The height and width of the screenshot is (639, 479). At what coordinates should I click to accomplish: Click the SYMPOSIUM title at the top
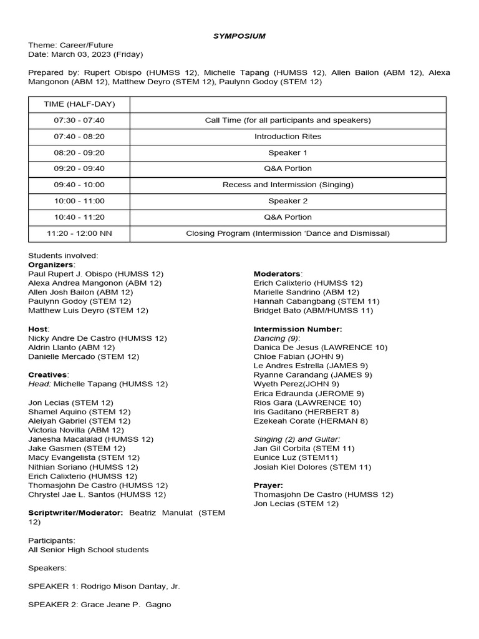coord(239,36)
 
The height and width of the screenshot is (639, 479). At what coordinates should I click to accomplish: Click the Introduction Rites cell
coord(288,137)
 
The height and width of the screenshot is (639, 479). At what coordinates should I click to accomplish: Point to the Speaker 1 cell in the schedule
coord(288,153)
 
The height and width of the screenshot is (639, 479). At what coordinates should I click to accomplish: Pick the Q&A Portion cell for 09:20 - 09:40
coord(288,168)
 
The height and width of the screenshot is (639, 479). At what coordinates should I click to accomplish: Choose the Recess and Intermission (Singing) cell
coord(288,185)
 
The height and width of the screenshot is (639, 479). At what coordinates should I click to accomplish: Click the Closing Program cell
coord(288,233)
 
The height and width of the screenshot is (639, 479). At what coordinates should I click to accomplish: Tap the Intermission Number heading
coord(298,329)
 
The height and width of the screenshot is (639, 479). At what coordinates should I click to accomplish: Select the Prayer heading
coord(268,485)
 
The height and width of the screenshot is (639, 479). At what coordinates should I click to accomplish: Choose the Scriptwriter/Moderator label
coord(75,513)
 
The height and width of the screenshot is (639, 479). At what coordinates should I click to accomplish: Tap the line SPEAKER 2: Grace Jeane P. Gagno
coord(100,605)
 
